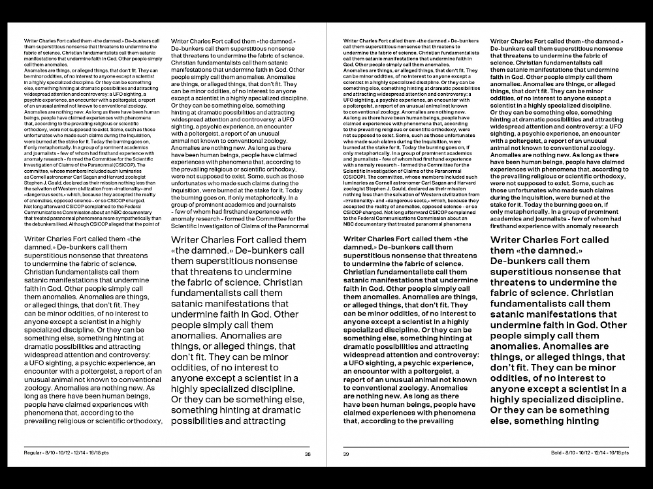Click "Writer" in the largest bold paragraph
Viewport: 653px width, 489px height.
point(511,241)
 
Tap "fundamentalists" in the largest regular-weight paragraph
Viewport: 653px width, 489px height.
point(208,293)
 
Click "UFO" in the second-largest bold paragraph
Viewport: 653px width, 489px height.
point(357,361)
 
